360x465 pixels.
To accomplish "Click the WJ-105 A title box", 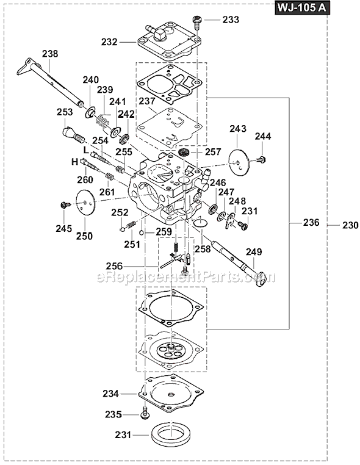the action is (302, 7).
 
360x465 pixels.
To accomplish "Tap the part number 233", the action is (231, 20).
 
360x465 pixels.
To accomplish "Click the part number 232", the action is (109, 42).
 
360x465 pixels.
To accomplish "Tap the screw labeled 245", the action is (65, 204).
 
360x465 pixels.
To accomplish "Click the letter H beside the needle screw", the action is (74, 162).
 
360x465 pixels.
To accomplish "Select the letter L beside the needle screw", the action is (86, 150).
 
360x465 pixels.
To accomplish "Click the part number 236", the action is (311, 222).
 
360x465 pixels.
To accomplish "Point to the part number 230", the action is (350, 225).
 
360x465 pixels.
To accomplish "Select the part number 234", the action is (111, 394).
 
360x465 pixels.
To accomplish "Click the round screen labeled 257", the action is (185, 152).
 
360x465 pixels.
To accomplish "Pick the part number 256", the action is (115, 266).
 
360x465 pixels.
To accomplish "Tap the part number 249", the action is (254, 252).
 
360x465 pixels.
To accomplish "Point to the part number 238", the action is (50, 54).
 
